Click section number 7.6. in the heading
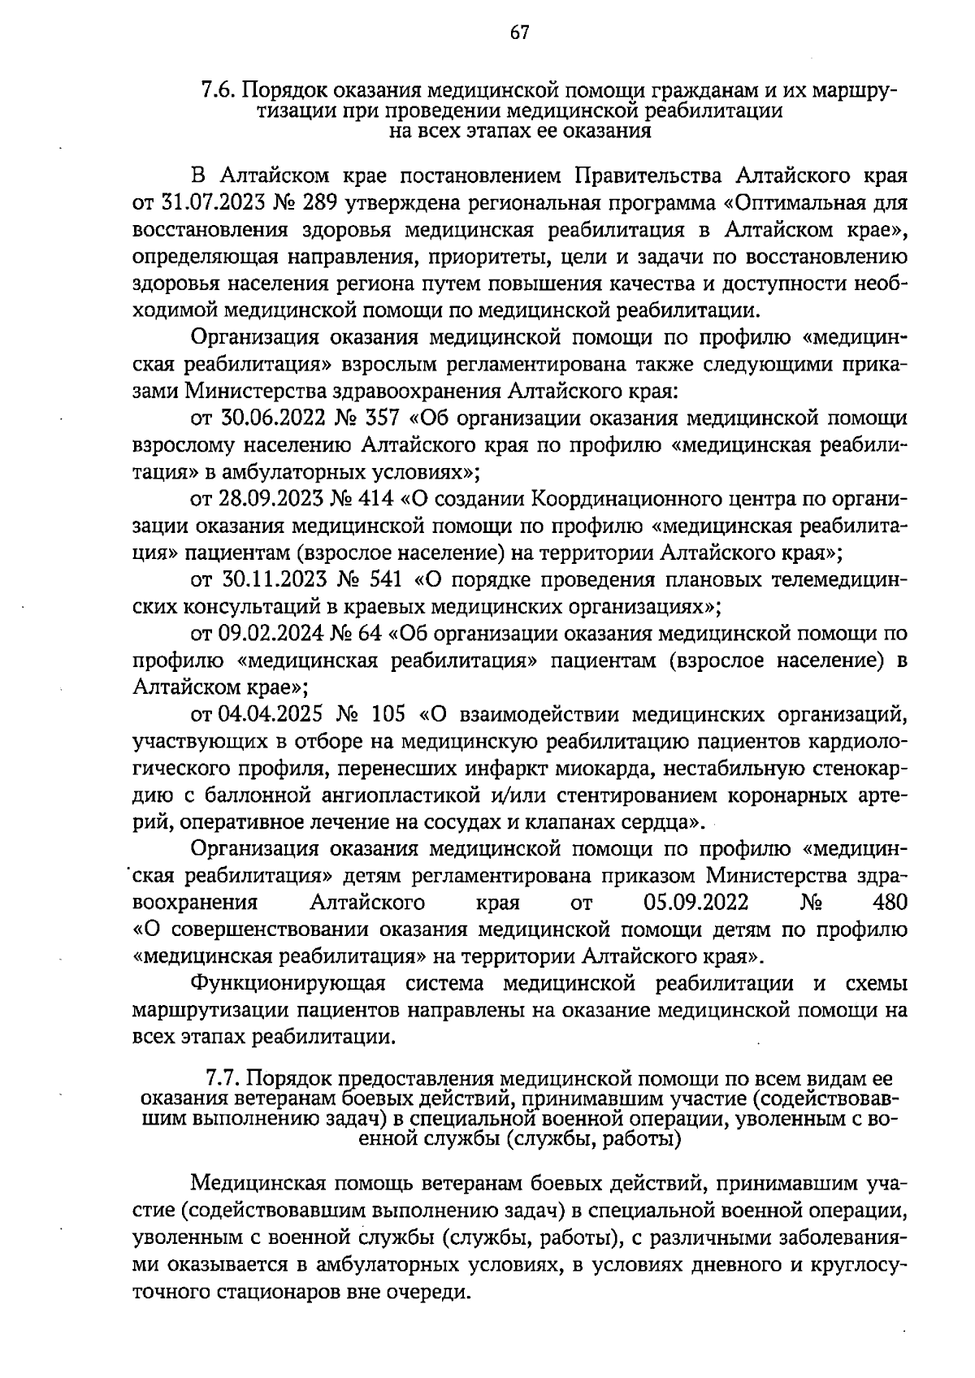pyautogui.click(x=219, y=89)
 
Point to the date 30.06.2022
pyautogui.click(x=271, y=418)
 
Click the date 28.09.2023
pyautogui.click(x=271, y=497)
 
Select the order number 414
pyautogui.click(x=372, y=497)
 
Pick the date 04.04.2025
pyautogui.click(x=271, y=715)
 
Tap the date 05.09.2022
pyautogui.click(x=695, y=903)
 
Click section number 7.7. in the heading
pyautogui.click(x=223, y=1079)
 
